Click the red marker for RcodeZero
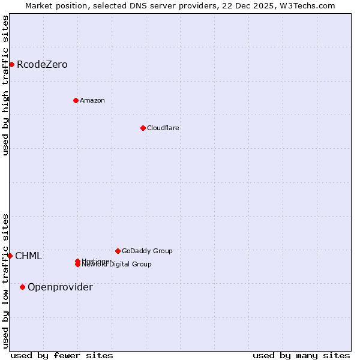pos(11,64)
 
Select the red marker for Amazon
pos(76,100)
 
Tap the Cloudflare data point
pos(143,128)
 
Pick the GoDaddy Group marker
pos(118,251)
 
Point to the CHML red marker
pos(10,256)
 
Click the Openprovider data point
pos(22,287)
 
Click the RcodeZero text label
pos(42,64)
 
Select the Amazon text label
pos(92,100)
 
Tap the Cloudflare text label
pos(163,128)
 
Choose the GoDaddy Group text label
pos(147,251)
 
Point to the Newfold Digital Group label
pos(118,265)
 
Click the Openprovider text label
pos(60,287)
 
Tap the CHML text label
pos(29,256)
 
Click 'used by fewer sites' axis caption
pos(62,355)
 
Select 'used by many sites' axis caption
pos(301,355)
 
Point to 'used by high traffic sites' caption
pos(6,85)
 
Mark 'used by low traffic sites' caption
pos(6,280)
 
